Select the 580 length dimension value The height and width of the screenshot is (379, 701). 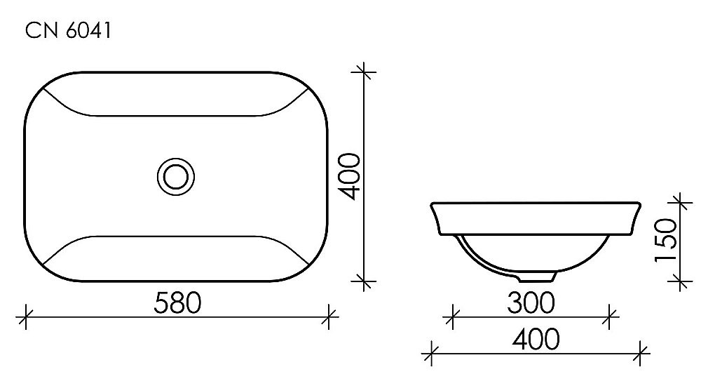point(177,302)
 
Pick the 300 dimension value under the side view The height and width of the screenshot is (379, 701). point(531,302)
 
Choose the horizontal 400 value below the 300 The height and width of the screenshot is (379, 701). point(536,340)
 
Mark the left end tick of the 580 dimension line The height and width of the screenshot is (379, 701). point(26,317)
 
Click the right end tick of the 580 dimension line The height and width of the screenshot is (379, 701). point(328,317)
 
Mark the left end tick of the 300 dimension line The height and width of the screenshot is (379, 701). point(453,317)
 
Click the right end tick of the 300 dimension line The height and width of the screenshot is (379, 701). point(611,317)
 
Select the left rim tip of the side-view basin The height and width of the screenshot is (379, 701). point(430,204)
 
